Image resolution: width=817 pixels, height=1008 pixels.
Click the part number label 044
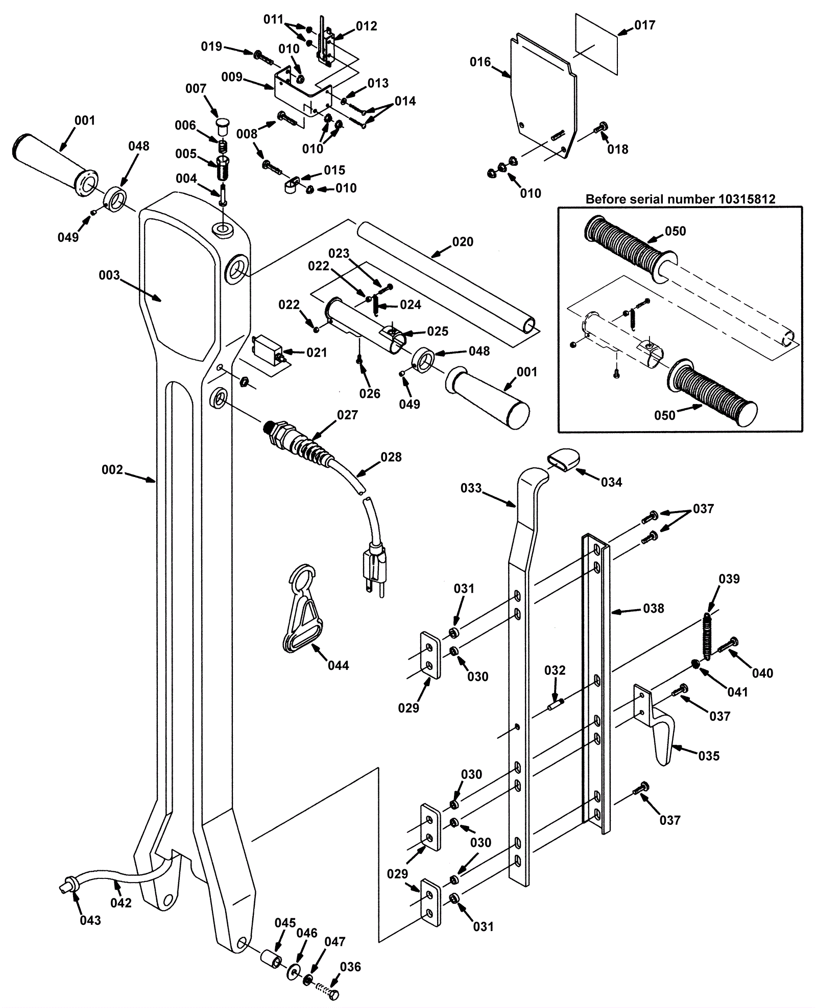[x=339, y=665]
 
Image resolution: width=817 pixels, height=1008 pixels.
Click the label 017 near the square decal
[x=644, y=25]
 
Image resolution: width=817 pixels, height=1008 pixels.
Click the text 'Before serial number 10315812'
[x=680, y=199]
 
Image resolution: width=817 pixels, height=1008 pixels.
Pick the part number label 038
[x=653, y=608]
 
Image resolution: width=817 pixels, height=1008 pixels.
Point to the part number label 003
[x=109, y=275]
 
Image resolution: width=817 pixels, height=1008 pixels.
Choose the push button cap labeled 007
[x=222, y=124]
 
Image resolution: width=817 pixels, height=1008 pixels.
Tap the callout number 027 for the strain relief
[x=347, y=415]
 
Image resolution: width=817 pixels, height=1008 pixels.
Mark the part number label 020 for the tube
[x=463, y=242]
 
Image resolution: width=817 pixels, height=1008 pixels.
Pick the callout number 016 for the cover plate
[x=480, y=62]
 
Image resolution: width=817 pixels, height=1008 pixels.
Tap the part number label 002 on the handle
[x=112, y=469]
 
